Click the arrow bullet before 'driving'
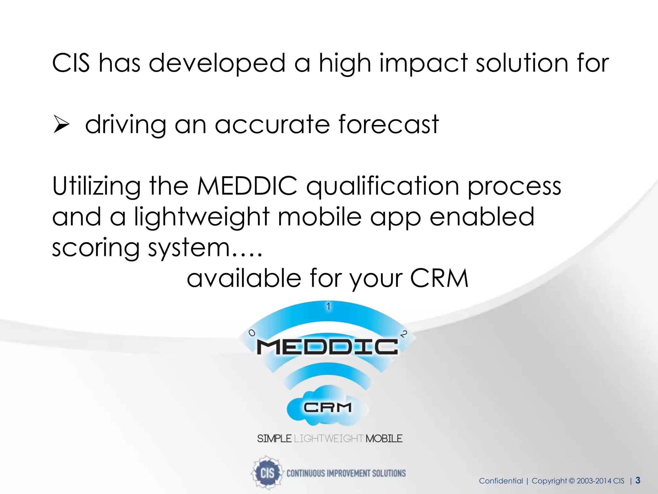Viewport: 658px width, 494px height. (x=61, y=125)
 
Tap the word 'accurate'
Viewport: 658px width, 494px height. (x=272, y=125)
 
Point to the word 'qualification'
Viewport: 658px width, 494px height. (x=382, y=187)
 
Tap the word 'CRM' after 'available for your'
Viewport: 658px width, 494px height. (x=439, y=278)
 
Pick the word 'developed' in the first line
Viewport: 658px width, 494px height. (x=217, y=63)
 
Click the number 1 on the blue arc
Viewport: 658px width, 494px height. (x=328, y=306)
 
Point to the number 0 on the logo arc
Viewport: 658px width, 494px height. (x=252, y=333)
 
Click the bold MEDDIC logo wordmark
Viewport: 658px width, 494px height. (x=327, y=347)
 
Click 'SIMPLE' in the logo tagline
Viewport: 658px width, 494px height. (x=274, y=439)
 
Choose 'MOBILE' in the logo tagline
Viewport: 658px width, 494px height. (x=384, y=439)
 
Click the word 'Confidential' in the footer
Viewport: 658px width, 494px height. (x=501, y=481)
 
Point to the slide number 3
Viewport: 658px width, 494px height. (x=638, y=480)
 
